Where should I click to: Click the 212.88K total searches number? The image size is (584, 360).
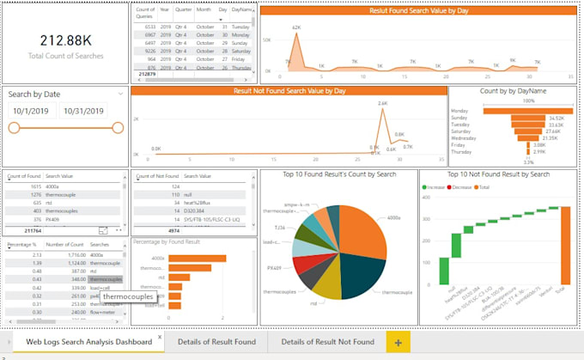[x=65, y=40]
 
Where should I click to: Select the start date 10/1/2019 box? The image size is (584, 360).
[x=32, y=112]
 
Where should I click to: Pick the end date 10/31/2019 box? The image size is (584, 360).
[x=83, y=112]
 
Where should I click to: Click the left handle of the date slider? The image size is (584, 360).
[x=14, y=128]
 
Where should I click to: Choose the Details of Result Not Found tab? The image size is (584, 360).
[x=327, y=342]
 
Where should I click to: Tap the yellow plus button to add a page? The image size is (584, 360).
[x=398, y=342]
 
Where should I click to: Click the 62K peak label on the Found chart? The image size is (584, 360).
[x=296, y=28]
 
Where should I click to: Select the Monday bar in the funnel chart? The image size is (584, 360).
[x=516, y=110]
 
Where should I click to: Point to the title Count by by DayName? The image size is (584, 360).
[x=514, y=90]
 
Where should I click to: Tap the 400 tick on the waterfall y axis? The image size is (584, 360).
[x=425, y=197]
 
